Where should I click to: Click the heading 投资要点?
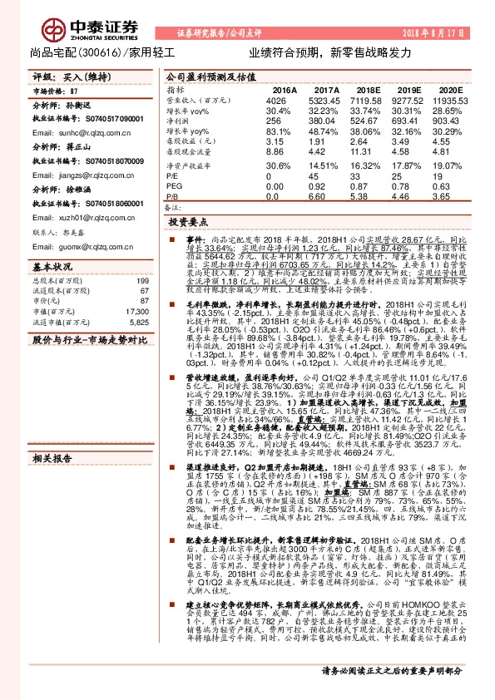[186, 224]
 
